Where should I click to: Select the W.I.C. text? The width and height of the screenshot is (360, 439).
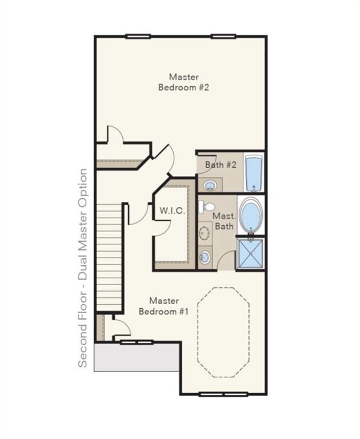coord(172,211)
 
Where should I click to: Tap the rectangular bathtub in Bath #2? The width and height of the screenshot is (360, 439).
coord(254,173)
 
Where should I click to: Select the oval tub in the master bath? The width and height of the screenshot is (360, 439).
coord(250,215)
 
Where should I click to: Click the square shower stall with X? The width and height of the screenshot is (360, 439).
coord(250,253)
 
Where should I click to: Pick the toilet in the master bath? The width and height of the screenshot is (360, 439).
coord(207,206)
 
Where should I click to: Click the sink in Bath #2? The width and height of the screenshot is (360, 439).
coord(210,185)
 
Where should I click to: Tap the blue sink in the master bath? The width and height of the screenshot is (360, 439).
coord(205,257)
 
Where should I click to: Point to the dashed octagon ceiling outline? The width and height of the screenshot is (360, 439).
coord(223,332)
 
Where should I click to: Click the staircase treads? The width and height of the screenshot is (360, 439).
coord(109,257)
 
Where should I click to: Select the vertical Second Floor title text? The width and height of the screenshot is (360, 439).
coord(83,268)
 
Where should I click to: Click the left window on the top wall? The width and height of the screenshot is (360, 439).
coord(138,37)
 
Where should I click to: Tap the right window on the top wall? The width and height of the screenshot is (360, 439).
coord(223,37)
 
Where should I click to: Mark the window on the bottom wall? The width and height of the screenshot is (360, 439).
coord(223,394)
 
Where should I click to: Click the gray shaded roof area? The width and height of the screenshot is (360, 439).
coord(137,357)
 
